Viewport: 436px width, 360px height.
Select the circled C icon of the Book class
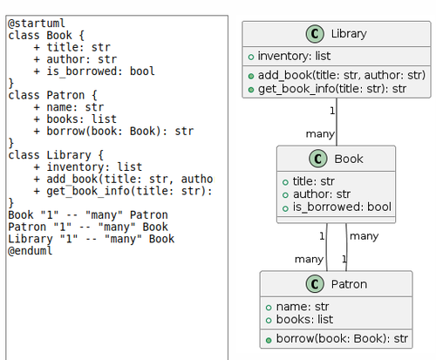coord(317,159)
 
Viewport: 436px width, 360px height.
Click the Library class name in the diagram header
coord(349,34)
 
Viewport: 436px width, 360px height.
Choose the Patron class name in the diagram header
coord(349,284)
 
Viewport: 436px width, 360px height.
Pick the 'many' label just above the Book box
coord(320,133)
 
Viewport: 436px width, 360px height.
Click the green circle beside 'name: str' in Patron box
coord(269,307)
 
